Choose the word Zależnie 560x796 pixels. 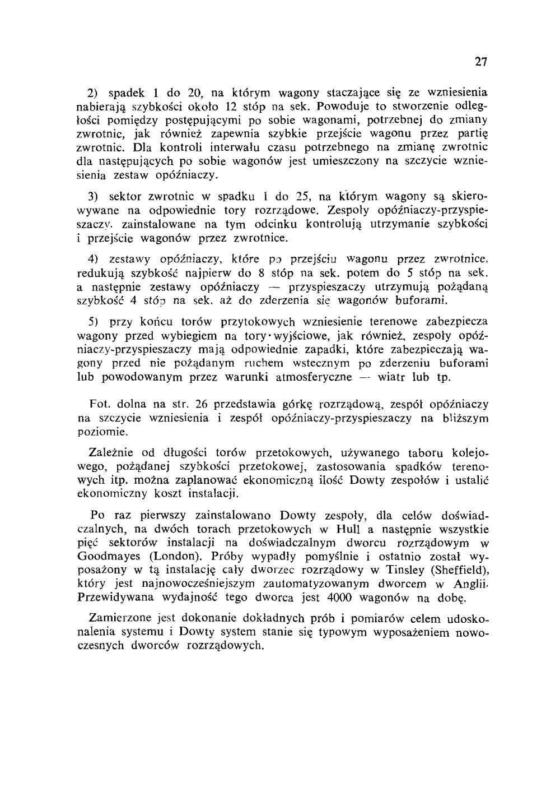111,452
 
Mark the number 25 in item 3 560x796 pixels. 302,197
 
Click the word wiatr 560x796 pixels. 393,377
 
